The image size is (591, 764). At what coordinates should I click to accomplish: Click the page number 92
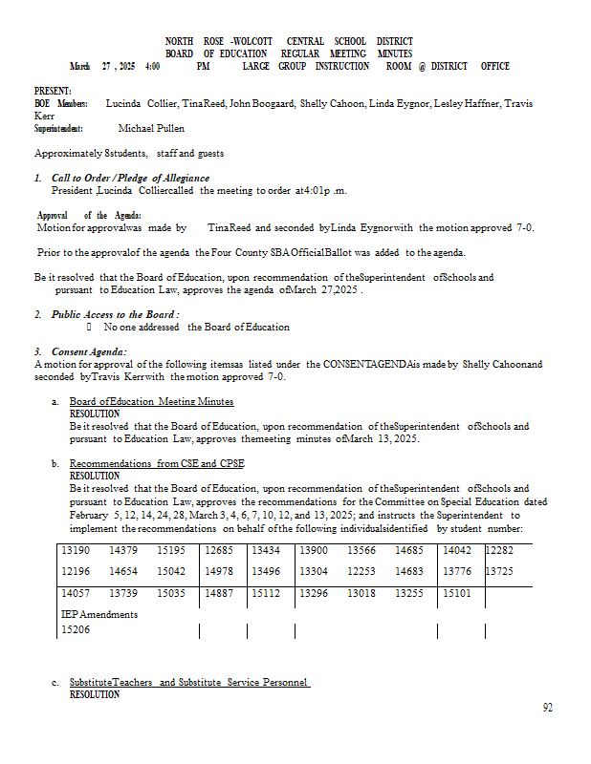[547, 708]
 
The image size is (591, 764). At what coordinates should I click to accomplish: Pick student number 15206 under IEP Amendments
[76, 630]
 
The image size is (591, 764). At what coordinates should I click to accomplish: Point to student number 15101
[456, 593]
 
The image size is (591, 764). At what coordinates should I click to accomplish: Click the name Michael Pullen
[151, 128]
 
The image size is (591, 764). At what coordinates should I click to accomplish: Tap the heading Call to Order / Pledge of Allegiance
[130, 178]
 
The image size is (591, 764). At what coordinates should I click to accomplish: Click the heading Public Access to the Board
[116, 314]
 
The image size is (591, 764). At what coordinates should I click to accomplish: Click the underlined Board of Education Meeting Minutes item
[151, 402]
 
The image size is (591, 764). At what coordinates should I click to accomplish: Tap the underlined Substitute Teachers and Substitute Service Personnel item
[189, 683]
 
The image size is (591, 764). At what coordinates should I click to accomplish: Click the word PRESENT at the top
[52, 91]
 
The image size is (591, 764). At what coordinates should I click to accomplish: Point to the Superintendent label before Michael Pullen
[58, 128]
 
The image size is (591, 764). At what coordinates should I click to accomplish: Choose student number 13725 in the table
[500, 571]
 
